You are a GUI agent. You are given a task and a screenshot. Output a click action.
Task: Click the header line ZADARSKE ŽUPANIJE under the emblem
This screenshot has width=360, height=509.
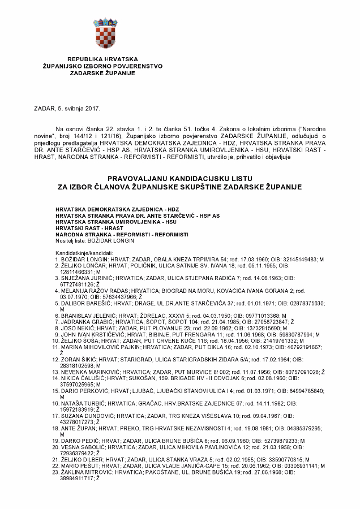[102, 72]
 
